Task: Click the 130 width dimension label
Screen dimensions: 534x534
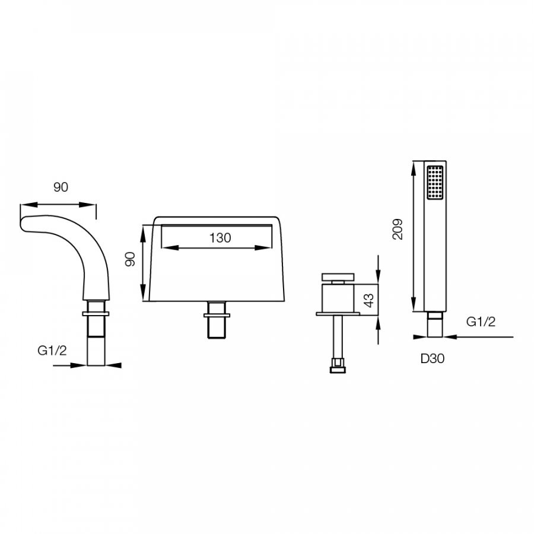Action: click(x=220, y=238)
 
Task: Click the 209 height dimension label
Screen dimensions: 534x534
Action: click(x=398, y=229)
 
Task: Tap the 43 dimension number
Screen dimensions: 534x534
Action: click(x=369, y=300)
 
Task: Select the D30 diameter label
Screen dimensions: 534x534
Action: click(x=433, y=358)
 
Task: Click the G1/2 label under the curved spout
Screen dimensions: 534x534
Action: click(x=52, y=350)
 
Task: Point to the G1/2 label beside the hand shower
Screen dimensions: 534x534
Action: click(x=481, y=322)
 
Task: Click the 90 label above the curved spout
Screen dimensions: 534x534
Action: click(x=61, y=187)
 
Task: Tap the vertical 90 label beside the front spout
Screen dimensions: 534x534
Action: click(x=131, y=259)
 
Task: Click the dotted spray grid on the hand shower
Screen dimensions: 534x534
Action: click(x=435, y=182)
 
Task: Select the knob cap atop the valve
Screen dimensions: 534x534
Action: click(x=338, y=276)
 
